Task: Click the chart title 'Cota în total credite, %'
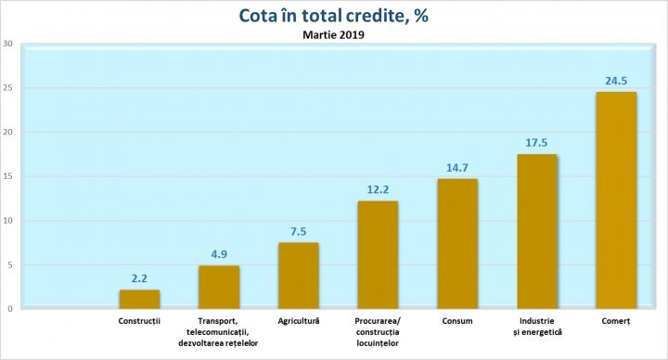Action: (x=333, y=16)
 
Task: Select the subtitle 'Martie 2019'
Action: (x=333, y=35)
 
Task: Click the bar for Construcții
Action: (x=139, y=299)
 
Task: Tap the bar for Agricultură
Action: (x=299, y=276)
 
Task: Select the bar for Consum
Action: (x=457, y=243)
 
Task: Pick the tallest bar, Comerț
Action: (x=616, y=200)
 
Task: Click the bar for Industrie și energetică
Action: (x=537, y=231)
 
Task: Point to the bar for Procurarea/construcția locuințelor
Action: (x=378, y=254)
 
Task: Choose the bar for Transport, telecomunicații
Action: (x=219, y=287)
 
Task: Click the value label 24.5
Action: (x=616, y=80)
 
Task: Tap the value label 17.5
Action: (x=537, y=142)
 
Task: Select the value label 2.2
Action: (x=139, y=277)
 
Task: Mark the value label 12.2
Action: (x=378, y=189)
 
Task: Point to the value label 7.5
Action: (x=299, y=231)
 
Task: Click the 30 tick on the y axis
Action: (x=7, y=44)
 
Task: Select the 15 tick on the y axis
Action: (x=7, y=176)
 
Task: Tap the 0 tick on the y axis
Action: (x=9, y=309)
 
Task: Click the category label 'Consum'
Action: (x=457, y=321)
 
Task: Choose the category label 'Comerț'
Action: (x=616, y=321)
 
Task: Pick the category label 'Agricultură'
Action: (x=299, y=321)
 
